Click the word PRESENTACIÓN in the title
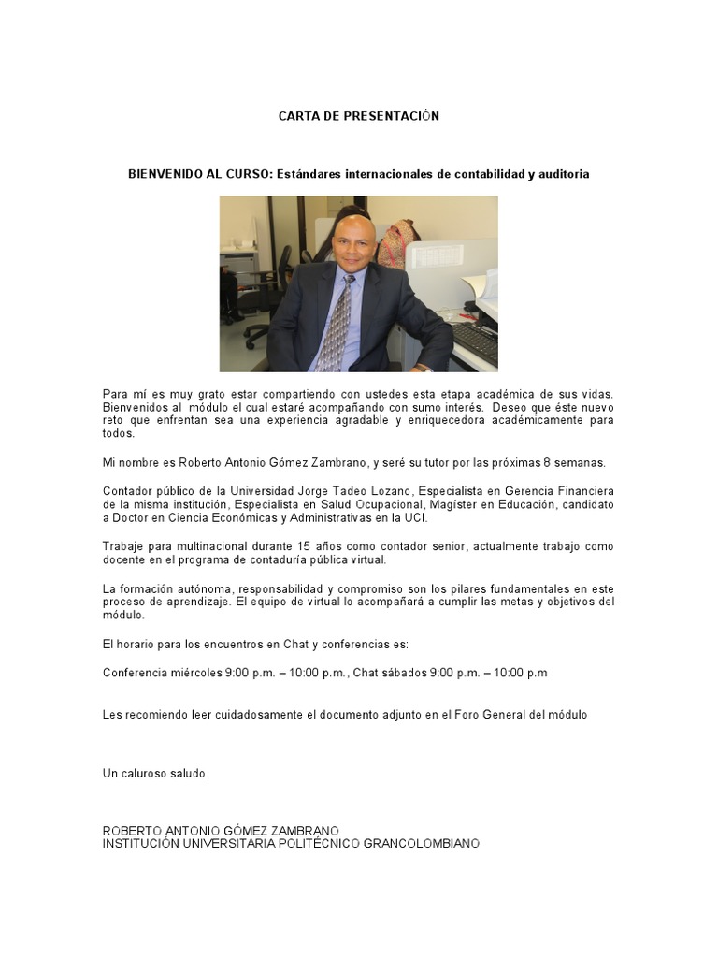tap(383, 116)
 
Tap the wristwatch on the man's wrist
tap(424, 367)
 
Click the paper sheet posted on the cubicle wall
tap(438, 255)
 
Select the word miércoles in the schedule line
tap(194, 673)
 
